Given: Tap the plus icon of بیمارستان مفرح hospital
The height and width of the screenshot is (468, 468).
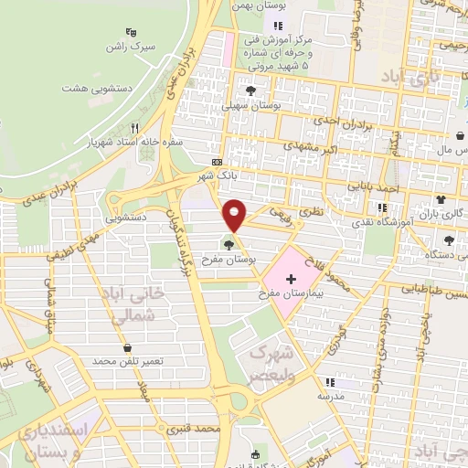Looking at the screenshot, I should tap(291, 279).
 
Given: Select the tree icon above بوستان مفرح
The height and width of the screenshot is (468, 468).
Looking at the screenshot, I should tap(228, 244).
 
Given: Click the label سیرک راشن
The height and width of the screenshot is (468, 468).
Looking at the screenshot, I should tap(127, 46).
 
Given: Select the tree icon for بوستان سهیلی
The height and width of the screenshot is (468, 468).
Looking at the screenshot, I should tap(250, 90).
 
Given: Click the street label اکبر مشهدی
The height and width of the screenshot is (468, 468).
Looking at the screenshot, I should tap(295, 145).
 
